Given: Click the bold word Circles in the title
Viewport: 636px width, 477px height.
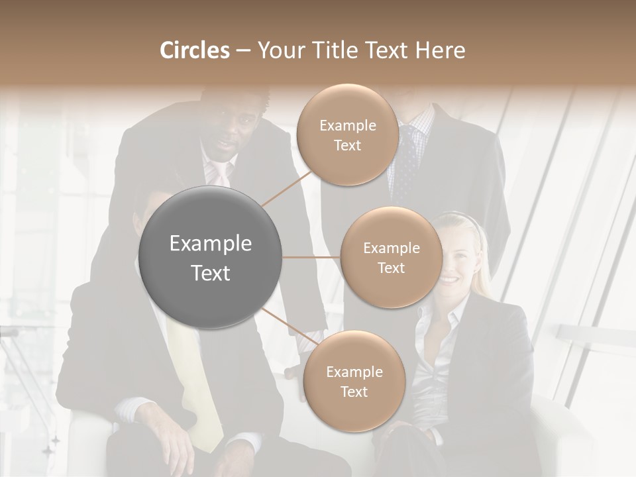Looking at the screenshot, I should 194,50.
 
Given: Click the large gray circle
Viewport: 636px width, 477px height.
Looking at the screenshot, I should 211,257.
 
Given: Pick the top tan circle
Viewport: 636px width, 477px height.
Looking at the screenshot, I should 347,135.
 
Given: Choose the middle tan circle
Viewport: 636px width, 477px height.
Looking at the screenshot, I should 391,258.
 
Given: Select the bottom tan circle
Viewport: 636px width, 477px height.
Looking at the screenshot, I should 354,382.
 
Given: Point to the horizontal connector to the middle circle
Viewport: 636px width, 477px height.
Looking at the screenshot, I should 311,257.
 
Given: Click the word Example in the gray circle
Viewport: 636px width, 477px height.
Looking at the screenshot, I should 211,244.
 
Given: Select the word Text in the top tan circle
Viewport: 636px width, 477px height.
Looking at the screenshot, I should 347,146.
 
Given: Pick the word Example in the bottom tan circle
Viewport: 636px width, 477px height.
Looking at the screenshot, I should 354,372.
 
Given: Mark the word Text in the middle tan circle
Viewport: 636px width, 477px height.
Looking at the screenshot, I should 391,268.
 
